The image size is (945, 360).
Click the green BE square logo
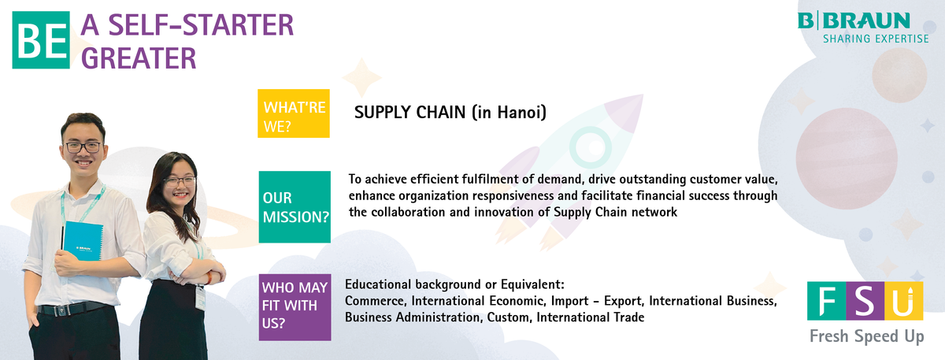click(x=41, y=40)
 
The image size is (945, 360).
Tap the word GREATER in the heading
click(x=139, y=58)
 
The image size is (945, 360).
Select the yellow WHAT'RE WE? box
click(x=294, y=113)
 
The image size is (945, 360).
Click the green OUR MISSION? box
click(x=295, y=207)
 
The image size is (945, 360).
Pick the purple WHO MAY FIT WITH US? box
click(x=295, y=307)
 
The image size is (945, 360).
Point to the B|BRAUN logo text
click(x=854, y=20)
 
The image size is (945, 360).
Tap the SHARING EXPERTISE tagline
click(x=876, y=39)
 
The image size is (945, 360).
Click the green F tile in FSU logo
click(x=826, y=301)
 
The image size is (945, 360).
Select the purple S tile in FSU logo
click(x=865, y=301)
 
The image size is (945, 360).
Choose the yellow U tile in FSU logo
click(x=904, y=301)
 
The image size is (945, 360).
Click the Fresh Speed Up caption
click(x=866, y=337)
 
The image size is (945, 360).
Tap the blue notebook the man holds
click(x=83, y=241)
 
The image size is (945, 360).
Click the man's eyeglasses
click(x=83, y=147)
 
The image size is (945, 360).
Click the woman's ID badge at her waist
click(x=200, y=297)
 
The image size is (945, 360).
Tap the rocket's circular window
click(x=590, y=147)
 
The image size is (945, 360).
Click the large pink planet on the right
click(x=847, y=158)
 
